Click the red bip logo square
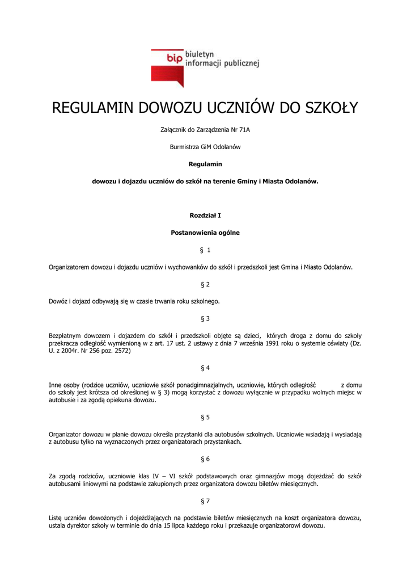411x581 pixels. tap(167, 67)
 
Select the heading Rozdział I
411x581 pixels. tap(205, 216)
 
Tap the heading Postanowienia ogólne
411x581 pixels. tap(205, 233)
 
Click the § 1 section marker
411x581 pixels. tap(205, 250)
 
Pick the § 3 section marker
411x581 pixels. tap(205, 318)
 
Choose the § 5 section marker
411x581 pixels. tap(205, 417)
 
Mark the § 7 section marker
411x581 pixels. tap(205, 501)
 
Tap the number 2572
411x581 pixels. tap(122, 351)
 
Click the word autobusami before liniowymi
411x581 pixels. tap(66, 484)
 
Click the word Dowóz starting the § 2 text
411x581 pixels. tap(58, 301)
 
